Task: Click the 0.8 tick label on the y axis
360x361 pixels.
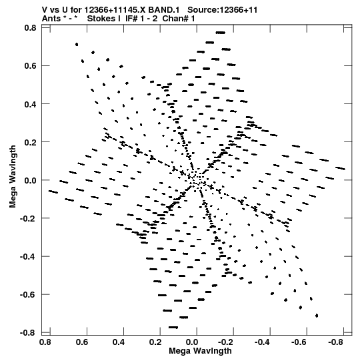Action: tap(30, 28)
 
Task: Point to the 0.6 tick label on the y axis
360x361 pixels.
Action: tap(30, 66)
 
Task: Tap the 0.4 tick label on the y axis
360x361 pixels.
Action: tap(30, 104)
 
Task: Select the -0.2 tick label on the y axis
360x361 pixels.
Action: tap(28, 218)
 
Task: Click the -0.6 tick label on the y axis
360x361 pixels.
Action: tap(28, 294)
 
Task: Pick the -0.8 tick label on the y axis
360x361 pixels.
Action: tap(28, 333)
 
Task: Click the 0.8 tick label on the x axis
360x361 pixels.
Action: tap(45, 342)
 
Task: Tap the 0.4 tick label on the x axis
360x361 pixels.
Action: tap(119, 342)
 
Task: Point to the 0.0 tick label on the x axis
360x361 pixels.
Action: tap(192, 342)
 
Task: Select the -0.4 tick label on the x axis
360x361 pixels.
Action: tap(263, 342)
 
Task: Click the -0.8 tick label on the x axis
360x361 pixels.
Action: tap(337, 342)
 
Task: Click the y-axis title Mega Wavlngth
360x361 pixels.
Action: tap(13, 176)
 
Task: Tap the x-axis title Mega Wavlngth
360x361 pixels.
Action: tap(200, 351)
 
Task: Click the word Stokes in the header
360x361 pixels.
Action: tap(101, 19)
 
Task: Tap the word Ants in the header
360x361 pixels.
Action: tap(52, 19)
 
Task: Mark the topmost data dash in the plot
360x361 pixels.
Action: tap(221, 33)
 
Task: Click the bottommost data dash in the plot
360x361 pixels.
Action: tap(173, 327)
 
